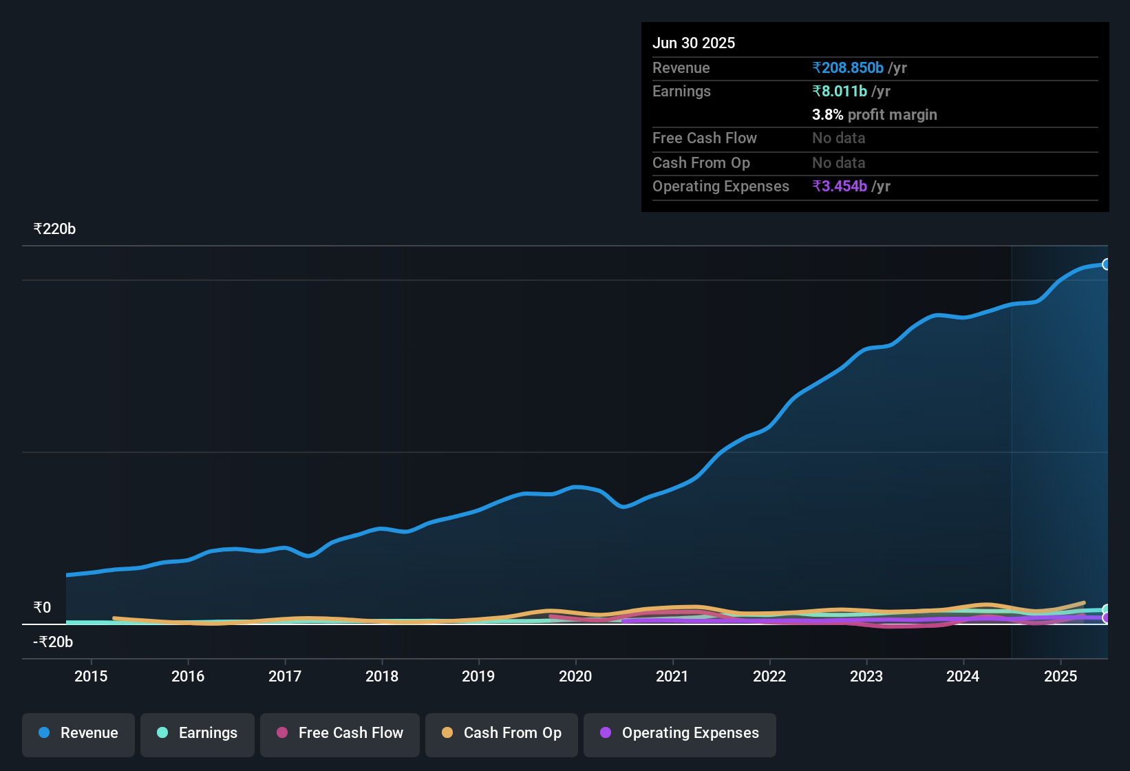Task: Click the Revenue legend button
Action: coord(78,733)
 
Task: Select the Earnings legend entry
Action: coord(198,733)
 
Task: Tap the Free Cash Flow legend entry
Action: coord(340,733)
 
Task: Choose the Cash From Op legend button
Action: coord(502,733)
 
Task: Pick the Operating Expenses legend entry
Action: coord(680,733)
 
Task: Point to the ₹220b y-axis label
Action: coord(54,229)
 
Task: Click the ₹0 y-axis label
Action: coord(43,607)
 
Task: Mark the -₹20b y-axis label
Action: coord(53,642)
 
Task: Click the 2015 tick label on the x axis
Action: coord(91,677)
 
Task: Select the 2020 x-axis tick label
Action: coord(575,677)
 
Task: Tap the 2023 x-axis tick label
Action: coord(866,677)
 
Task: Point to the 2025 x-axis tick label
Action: coord(1060,677)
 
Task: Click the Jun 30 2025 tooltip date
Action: coord(694,43)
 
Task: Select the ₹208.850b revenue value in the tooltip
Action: coord(848,68)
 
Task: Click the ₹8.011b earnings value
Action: coord(840,92)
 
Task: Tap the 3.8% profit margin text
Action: coord(875,115)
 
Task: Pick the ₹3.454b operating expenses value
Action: coord(840,187)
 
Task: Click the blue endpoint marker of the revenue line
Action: coord(1106,264)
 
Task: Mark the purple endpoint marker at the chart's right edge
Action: coord(1106,618)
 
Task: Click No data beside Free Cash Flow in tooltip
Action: coord(838,138)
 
